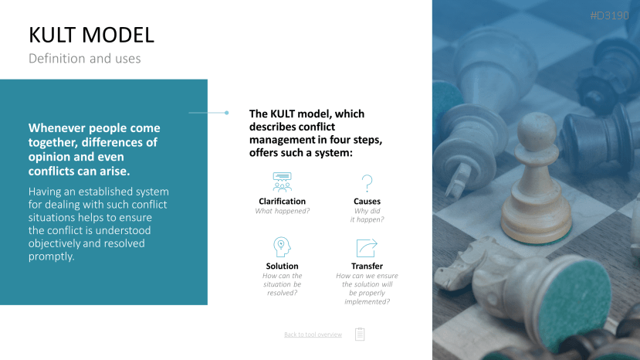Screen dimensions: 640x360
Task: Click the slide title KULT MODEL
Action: point(91,35)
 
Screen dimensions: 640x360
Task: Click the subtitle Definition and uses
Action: point(84,59)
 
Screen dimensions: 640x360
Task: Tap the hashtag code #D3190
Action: point(609,15)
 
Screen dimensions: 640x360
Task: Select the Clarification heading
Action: point(282,201)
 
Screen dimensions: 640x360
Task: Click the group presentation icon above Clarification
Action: point(282,182)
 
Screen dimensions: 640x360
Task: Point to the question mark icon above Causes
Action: point(367,183)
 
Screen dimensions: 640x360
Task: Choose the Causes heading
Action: point(367,201)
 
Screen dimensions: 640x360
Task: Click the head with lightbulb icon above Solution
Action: point(282,246)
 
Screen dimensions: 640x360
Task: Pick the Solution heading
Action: point(282,266)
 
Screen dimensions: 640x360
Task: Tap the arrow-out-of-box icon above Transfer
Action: point(367,248)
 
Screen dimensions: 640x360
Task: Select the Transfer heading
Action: point(367,266)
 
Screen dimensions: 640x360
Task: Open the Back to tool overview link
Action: point(313,335)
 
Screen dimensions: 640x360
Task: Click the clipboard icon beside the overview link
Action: point(360,334)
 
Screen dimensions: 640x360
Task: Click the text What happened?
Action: point(282,211)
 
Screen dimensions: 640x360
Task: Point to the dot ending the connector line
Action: point(226,113)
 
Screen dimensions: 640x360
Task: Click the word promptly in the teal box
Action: point(52,256)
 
